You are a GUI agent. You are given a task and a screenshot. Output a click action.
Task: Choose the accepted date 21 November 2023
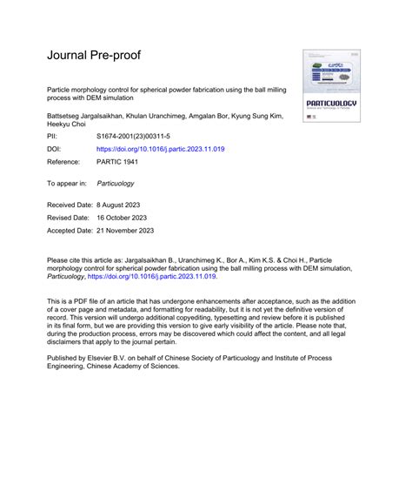(x=128, y=231)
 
